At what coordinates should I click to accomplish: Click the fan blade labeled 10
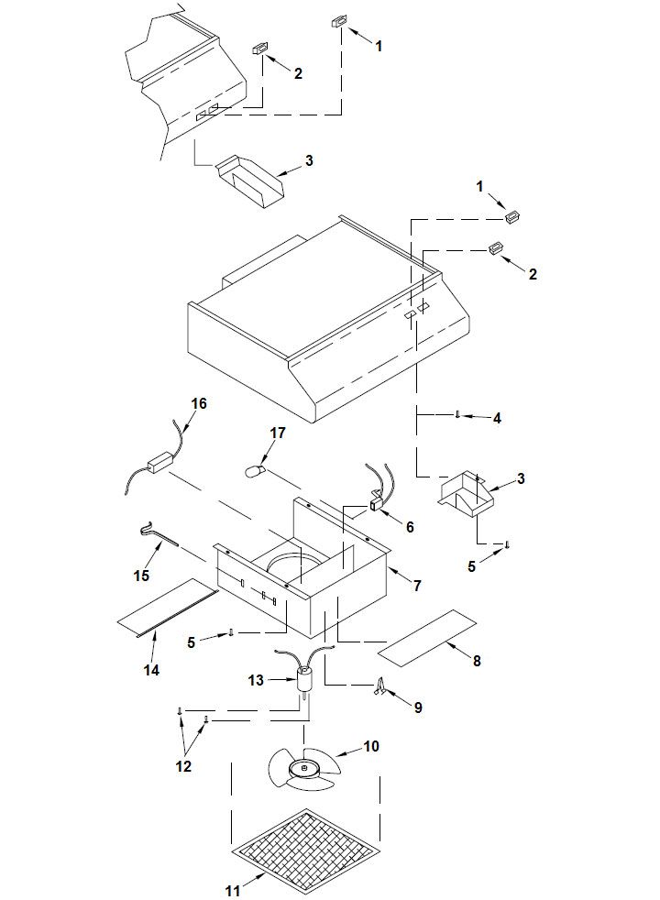coord(304,769)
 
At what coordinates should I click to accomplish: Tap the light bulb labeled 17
coord(253,472)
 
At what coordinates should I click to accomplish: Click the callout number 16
coord(199,403)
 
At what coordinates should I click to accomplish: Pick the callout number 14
coord(151,669)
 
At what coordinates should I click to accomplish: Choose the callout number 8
coord(477,661)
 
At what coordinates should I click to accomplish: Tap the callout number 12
coord(183,765)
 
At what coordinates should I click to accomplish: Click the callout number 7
coord(417,585)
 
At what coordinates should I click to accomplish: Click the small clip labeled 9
coord(379,688)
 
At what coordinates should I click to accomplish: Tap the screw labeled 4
coord(457,414)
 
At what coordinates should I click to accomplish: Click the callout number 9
coord(418,708)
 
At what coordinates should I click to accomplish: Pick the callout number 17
coord(277,433)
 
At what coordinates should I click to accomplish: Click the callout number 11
coord(232,890)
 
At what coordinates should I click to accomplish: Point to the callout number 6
coord(410,526)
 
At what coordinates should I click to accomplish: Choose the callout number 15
coord(141,576)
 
